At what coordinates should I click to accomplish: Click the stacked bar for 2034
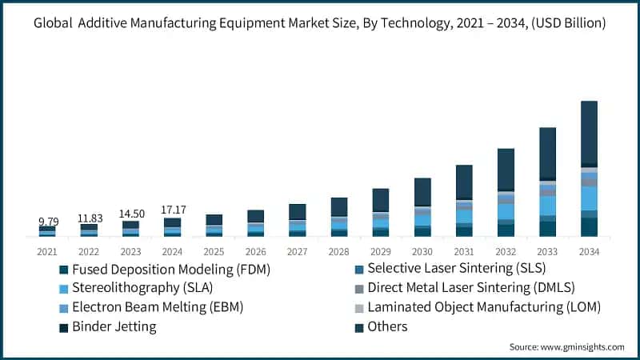coord(589,169)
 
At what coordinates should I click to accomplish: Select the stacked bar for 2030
coord(422,207)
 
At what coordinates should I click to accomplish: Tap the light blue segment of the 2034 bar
coord(589,198)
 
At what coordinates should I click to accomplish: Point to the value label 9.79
coord(47,220)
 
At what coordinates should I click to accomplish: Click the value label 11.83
coord(89,218)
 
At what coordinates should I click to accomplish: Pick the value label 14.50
coord(130,214)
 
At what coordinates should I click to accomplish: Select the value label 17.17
coord(172,210)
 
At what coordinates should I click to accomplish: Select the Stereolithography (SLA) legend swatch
coord(63,288)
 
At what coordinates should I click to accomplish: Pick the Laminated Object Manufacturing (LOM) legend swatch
coord(359,307)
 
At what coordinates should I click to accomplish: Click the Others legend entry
coord(388,326)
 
